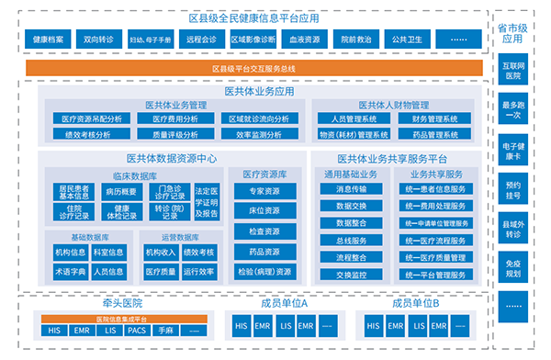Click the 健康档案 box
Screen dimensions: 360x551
click(x=48, y=40)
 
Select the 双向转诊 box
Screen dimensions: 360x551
click(x=98, y=40)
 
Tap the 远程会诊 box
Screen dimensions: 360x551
click(x=200, y=40)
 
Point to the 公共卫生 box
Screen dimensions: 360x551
click(x=405, y=40)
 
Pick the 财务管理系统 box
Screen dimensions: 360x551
click(x=434, y=118)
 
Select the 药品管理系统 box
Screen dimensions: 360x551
click(x=434, y=134)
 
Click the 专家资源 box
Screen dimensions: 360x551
click(x=264, y=192)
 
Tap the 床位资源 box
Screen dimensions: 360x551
click(x=264, y=211)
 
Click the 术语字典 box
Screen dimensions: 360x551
click(x=70, y=272)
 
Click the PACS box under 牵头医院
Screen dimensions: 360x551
click(x=137, y=330)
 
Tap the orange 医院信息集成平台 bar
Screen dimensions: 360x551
click(x=124, y=317)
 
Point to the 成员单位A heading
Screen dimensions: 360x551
click(x=282, y=301)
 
